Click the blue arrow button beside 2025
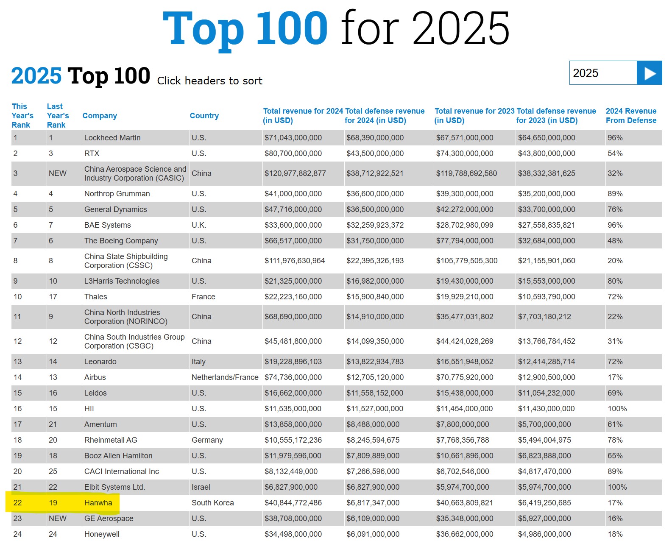point(649,73)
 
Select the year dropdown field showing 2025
point(602,73)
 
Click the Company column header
point(100,116)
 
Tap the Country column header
point(204,116)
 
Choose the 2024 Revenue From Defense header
point(631,116)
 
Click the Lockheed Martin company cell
point(112,138)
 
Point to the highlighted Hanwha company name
point(98,503)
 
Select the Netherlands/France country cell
point(225,377)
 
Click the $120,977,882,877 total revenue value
point(295,173)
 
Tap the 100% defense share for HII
point(617,409)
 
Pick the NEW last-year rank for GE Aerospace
point(58,519)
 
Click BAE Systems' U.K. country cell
point(199,225)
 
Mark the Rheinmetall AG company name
point(111,440)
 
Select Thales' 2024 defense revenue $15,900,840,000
point(375,297)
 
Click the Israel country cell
point(201,487)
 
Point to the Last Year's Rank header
point(58,116)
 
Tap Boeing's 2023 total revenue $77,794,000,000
point(464,241)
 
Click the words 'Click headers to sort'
point(209,81)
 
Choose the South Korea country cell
point(212,503)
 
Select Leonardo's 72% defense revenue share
point(615,362)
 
